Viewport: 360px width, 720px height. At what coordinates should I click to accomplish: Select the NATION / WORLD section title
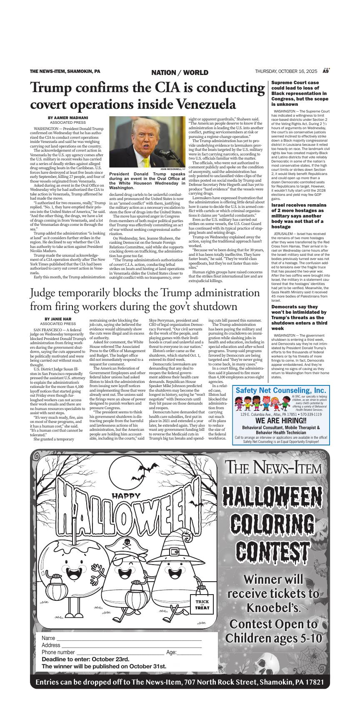(180, 72)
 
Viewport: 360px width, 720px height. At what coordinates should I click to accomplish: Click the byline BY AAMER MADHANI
(68, 118)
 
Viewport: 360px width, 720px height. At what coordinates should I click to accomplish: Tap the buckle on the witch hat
(175, 553)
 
